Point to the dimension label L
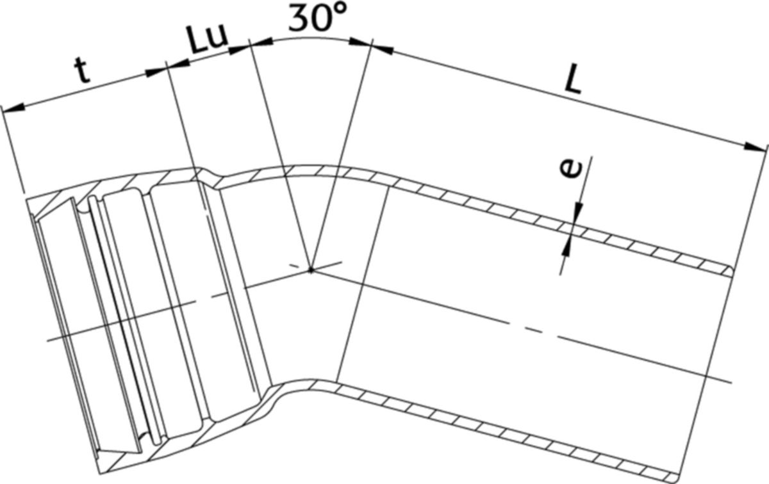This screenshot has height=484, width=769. (573, 81)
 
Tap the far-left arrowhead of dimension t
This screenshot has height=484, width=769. (13, 108)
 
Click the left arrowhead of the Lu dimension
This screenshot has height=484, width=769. (178, 64)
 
